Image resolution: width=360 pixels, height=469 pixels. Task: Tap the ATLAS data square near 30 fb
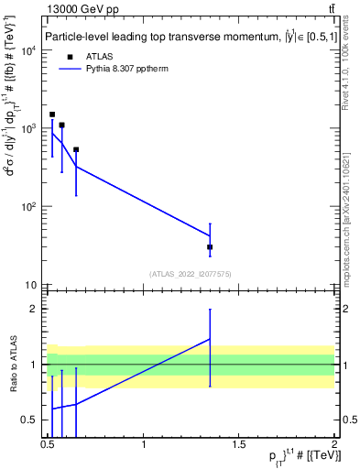click(x=210, y=247)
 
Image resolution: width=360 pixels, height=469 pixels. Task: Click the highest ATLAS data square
click(x=52, y=115)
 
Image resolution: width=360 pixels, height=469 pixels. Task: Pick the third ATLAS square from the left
click(x=76, y=149)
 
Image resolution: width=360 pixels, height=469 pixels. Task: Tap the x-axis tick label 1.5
click(x=239, y=446)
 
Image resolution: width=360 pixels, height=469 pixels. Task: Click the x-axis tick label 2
click(x=333, y=446)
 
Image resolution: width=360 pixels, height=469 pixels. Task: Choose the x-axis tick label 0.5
click(x=48, y=446)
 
